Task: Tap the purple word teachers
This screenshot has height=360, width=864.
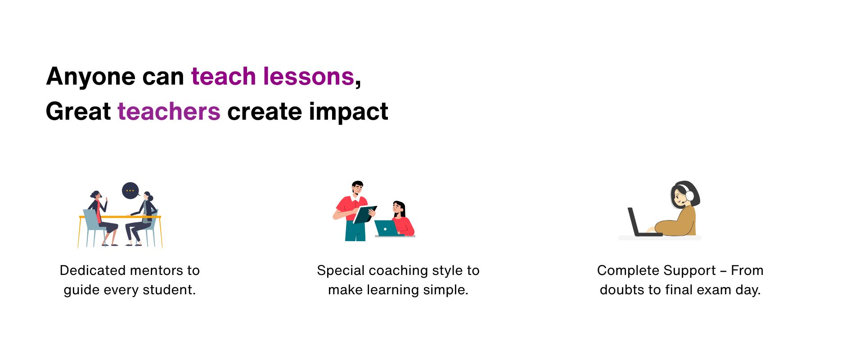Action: pyautogui.click(x=169, y=111)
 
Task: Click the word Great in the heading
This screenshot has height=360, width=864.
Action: pyautogui.click(x=78, y=111)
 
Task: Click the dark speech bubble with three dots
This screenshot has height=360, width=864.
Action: pyautogui.click(x=130, y=190)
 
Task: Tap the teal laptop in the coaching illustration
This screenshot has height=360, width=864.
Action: pyautogui.click(x=386, y=228)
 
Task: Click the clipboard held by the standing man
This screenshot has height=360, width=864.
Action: pyautogui.click(x=364, y=214)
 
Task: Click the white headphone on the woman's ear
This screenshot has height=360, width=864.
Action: pyautogui.click(x=689, y=196)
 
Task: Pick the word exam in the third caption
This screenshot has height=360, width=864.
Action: pyautogui.click(x=714, y=290)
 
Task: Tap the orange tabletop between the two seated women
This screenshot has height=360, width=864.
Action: pyautogui.click(x=120, y=217)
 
